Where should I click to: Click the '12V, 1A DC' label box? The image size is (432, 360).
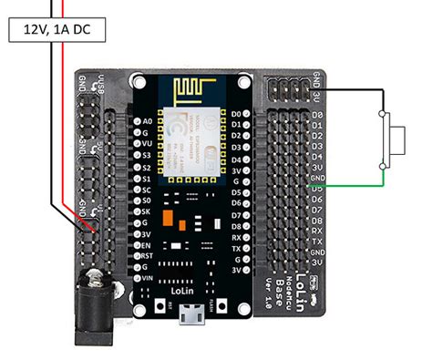(57, 29)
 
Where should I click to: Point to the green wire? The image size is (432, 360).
(355, 186)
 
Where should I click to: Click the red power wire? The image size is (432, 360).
(61, 137)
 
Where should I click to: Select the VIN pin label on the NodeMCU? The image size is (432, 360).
(148, 277)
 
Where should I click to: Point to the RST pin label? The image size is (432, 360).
(148, 256)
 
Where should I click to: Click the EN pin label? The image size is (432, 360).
(148, 245)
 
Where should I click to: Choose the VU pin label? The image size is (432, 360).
(148, 143)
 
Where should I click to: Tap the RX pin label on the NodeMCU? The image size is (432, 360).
(236, 234)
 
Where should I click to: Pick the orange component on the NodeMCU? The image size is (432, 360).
(169, 220)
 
